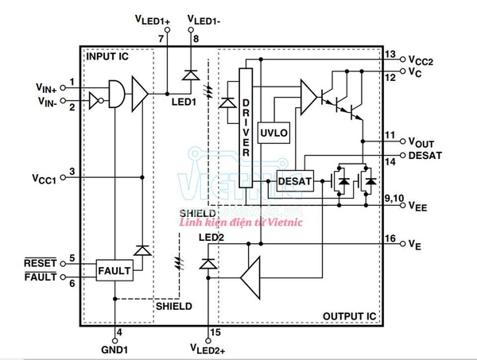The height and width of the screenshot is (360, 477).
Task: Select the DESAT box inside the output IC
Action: (296, 181)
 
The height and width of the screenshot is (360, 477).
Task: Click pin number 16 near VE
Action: (390, 238)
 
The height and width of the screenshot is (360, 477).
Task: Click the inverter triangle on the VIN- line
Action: (95, 101)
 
